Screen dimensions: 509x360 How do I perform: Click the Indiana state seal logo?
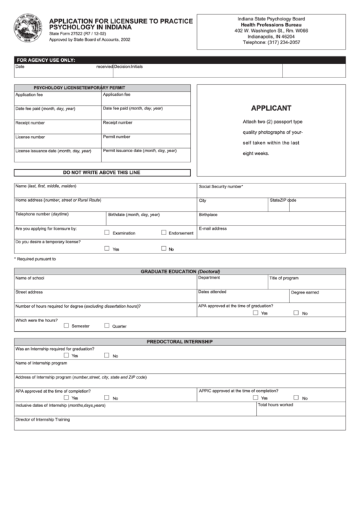[x=29, y=31]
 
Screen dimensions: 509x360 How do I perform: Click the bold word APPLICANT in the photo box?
[x=271, y=108]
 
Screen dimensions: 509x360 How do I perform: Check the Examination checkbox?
[x=107, y=233]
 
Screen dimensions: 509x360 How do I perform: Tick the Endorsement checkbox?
[x=164, y=233]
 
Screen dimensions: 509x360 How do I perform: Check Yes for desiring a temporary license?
[x=107, y=249]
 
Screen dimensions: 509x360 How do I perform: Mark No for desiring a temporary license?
[x=164, y=249]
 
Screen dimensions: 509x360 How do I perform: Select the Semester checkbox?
[x=66, y=326]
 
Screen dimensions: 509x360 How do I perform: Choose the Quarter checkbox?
[x=107, y=326]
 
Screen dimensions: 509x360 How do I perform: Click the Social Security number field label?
[x=221, y=186]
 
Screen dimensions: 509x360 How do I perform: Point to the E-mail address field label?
[x=213, y=228]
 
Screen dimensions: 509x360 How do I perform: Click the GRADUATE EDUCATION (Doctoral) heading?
[x=180, y=271]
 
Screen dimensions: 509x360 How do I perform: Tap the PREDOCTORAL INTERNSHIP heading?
[x=180, y=341]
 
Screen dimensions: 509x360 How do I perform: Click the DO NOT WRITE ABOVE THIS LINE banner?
[x=101, y=173]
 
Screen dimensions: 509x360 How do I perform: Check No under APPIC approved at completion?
[x=296, y=398]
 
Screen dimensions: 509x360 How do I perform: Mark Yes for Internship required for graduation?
[x=66, y=355]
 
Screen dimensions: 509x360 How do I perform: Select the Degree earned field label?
[x=305, y=292]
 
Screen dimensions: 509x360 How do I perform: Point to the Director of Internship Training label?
[x=42, y=419]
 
